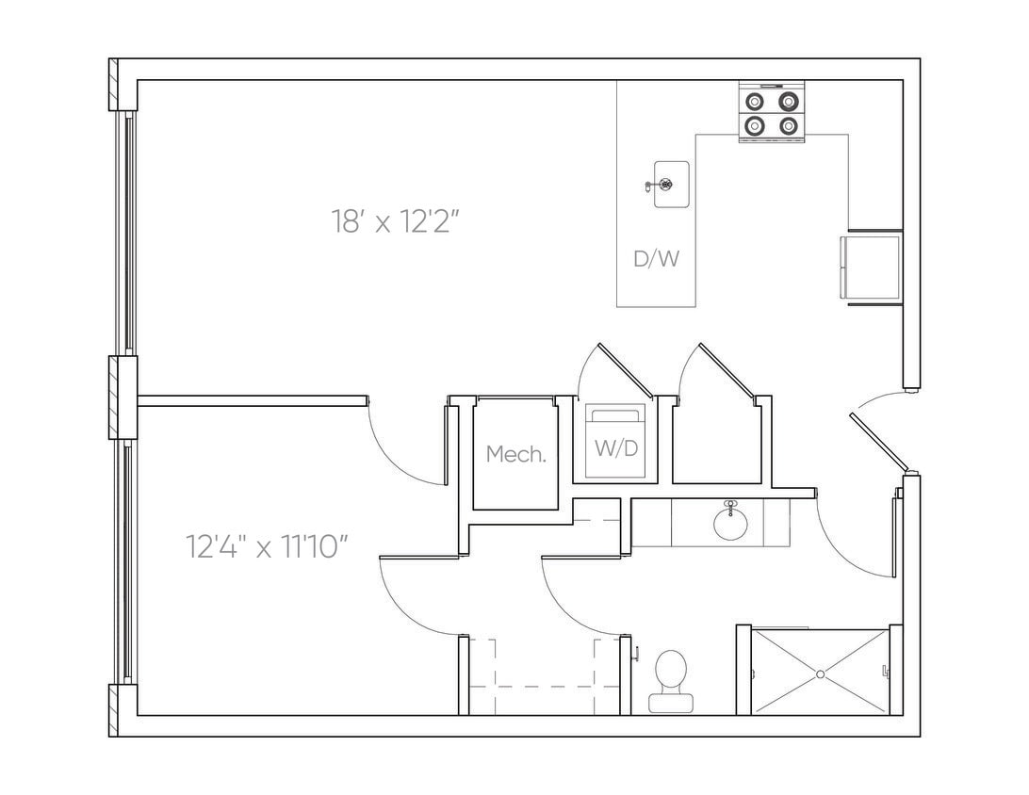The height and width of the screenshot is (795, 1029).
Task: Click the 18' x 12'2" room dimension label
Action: pos(395,222)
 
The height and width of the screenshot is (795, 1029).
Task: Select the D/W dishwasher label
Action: pos(656,259)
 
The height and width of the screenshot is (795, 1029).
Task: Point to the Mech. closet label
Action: pos(515,454)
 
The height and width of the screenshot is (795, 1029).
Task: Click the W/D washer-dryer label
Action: pos(615,447)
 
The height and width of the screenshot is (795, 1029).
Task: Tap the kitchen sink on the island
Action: pos(671,183)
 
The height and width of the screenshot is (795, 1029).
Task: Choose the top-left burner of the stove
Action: pos(755,101)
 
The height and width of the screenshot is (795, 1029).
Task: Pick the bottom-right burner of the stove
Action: pos(789,124)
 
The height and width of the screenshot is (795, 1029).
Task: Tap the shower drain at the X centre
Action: pos(820,673)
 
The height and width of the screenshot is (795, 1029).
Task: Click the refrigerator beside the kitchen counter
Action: pos(871,268)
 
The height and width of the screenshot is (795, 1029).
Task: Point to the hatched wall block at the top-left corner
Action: pos(114,85)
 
